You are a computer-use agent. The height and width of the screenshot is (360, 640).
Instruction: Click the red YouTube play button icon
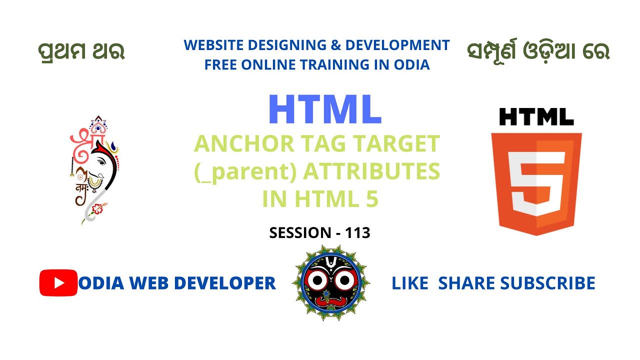tap(58, 283)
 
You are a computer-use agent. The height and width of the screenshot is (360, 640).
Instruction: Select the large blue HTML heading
tap(325, 109)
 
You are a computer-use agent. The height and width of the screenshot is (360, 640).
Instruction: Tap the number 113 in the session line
tap(357, 232)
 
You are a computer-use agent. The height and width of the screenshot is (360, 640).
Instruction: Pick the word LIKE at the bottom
tap(409, 283)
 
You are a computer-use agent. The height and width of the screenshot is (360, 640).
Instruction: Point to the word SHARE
tap(467, 283)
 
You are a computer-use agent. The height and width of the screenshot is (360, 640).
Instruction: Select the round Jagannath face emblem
tap(331, 283)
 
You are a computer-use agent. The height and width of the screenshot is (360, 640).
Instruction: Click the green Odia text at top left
tap(81, 51)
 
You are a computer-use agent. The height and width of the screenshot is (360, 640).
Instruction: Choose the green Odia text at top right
tap(538, 51)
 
